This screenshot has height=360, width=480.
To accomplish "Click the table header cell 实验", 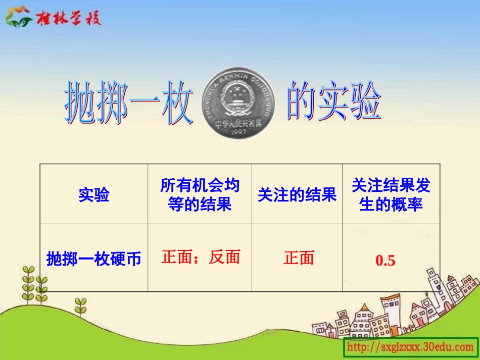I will [x=94, y=195].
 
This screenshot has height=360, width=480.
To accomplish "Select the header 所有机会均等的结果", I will [x=200, y=195].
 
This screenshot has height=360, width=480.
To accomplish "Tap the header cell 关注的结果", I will [x=297, y=195].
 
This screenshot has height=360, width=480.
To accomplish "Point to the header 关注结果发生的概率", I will [x=391, y=195].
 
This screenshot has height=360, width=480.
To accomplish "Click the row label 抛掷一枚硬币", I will [x=94, y=259].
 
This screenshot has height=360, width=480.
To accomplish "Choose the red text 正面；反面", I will [x=201, y=258].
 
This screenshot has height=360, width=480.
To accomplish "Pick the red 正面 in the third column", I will [x=299, y=258].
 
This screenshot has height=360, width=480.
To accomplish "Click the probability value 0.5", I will [x=385, y=261].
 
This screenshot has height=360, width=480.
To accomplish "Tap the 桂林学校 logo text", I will [x=68, y=18].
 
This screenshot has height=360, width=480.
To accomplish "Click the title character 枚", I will [x=177, y=107].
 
